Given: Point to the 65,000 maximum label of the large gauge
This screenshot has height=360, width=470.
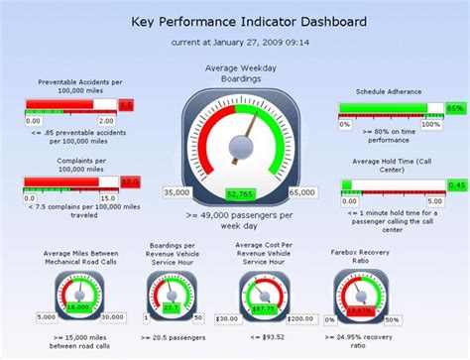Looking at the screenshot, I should click(300, 192).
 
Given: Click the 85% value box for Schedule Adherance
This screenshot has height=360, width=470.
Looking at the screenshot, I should click(455, 108).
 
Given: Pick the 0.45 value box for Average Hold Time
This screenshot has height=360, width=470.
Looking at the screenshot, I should click(456, 185).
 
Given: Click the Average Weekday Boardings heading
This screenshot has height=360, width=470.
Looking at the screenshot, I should click(239, 73).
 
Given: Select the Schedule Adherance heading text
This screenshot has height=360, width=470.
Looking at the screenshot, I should click(389, 89).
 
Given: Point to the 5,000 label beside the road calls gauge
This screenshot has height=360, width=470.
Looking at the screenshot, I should click(47, 316).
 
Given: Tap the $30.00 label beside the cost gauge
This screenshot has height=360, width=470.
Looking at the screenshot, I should click(227, 317).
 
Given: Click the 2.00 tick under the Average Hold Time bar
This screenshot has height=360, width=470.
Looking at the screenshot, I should click(434, 201).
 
